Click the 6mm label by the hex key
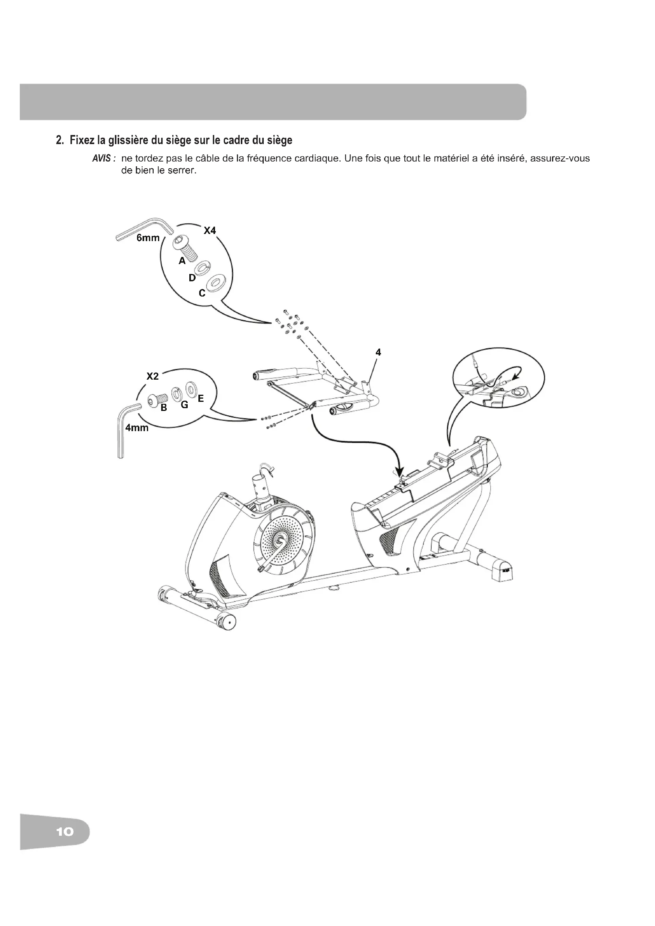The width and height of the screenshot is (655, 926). (148, 238)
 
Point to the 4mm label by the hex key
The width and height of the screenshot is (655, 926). (137, 428)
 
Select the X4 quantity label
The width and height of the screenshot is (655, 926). (210, 230)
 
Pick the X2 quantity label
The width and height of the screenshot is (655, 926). (152, 376)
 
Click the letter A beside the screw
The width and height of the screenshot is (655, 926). (182, 261)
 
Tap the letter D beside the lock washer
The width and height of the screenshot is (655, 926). (192, 278)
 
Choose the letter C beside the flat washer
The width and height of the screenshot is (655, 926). (202, 293)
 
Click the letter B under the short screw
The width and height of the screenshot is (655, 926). (164, 408)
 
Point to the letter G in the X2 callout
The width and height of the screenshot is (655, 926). (184, 405)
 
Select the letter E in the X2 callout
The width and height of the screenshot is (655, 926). (201, 399)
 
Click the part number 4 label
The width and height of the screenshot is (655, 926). (378, 352)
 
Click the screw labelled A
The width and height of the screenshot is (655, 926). (185, 249)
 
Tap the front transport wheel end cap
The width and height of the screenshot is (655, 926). (228, 622)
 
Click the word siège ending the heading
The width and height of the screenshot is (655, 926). (281, 141)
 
